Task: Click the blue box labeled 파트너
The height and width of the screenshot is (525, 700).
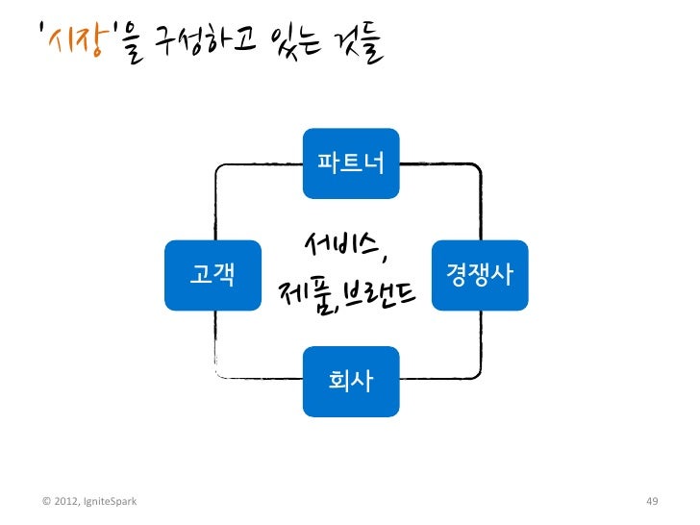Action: (x=351, y=160)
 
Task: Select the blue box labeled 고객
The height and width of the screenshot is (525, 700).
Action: (x=212, y=275)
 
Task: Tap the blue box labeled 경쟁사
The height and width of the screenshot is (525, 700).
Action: (x=480, y=275)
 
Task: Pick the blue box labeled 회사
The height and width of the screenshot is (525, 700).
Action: (x=351, y=382)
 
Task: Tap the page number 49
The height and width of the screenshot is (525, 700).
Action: (x=652, y=502)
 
